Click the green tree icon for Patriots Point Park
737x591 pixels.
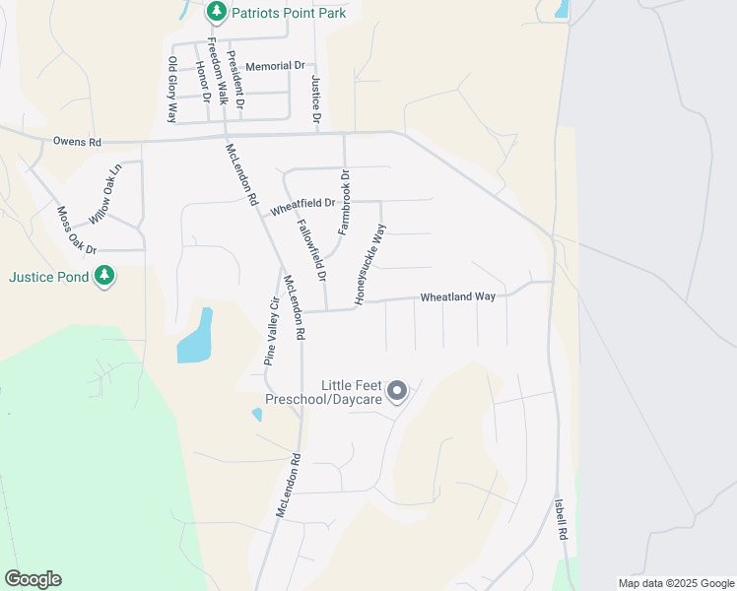pyautogui.click(x=217, y=13)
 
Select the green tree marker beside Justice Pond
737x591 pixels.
pyautogui.click(x=104, y=277)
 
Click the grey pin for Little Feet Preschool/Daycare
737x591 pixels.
pyautogui.click(x=397, y=392)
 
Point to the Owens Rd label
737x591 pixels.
pyautogui.click(x=78, y=143)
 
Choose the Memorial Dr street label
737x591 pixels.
pyautogui.click(x=275, y=66)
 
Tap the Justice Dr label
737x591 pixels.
pyautogui.click(x=316, y=99)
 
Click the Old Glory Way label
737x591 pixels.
pyautogui.click(x=172, y=89)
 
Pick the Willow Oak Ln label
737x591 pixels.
pyautogui.click(x=104, y=192)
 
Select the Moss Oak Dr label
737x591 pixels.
pyautogui.click(x=77, y=230)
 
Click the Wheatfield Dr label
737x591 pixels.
pyautogui.click(x=303, y=204)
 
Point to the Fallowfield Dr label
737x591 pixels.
pyautogui.click(x=311, y=251)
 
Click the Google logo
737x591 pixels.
pyautogui.click(x=33, y=579)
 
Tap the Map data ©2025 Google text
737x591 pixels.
pyautogui.click(x=675, y=583)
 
